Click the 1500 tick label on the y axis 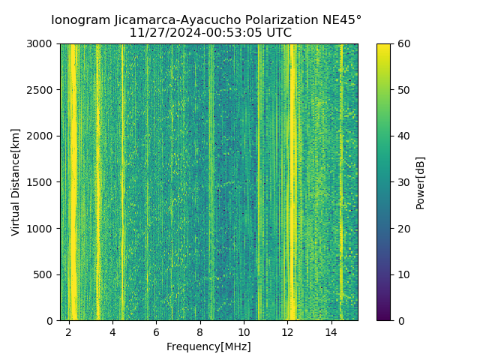click(43, 182)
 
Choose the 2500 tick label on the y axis click(43, 90)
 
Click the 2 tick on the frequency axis click(69, 331)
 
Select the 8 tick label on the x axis click(200, 331)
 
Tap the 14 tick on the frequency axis click(331, 331)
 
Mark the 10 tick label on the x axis click(244, 331)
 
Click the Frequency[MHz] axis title click(208, 346)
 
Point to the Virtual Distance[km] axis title click(16, 182)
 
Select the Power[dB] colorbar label click(421, 182)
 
